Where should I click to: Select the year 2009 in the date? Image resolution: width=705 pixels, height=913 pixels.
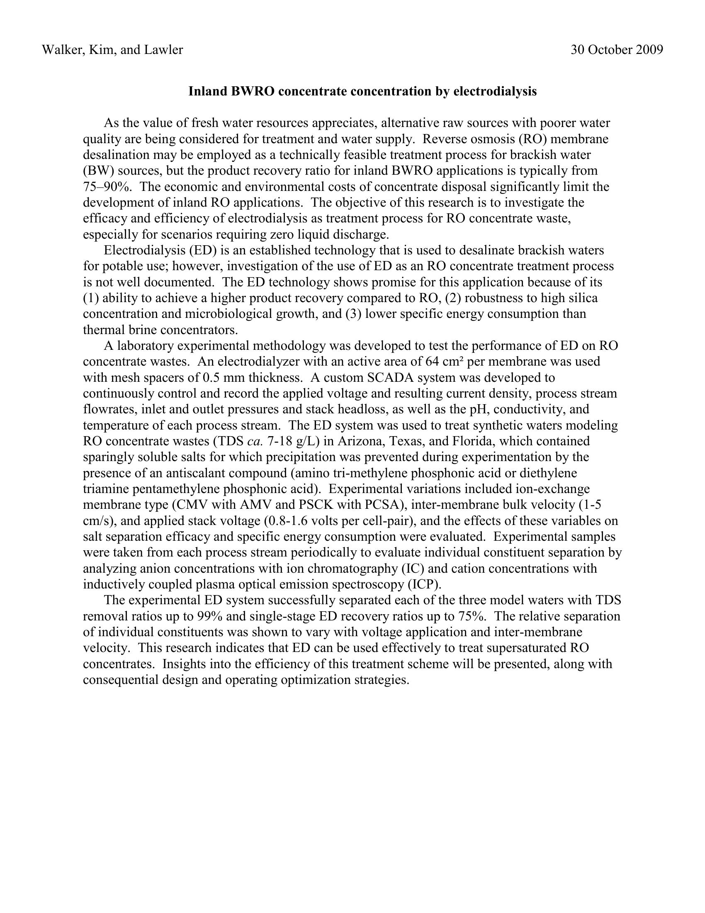tap(649, 50)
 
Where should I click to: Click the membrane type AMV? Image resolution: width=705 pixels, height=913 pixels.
tap(254, 505)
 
